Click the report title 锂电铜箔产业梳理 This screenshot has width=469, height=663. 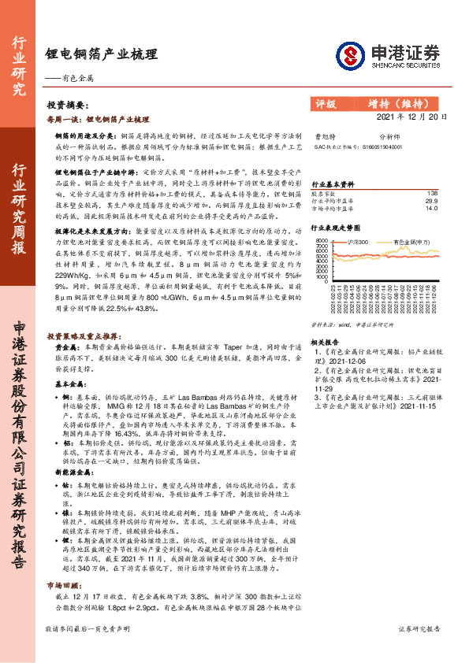tap(102, 54)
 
